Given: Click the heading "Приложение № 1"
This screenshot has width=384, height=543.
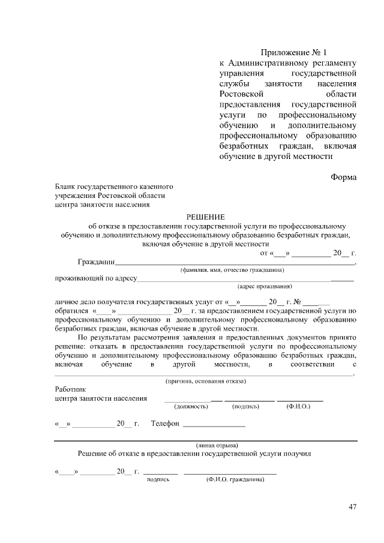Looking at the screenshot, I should [x=296, y=52].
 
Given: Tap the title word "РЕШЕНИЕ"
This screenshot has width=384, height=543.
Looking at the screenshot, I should [x=205, y=217].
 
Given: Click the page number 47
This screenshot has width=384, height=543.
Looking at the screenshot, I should [x=352, y=507].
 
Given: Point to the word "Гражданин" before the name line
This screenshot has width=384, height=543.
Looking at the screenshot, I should [x=96, y=262].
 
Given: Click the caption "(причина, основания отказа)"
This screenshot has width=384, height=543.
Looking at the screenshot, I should [x=205, y=381].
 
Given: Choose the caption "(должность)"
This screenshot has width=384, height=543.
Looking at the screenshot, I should [x=191, y=407].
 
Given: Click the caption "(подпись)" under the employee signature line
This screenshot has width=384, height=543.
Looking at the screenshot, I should [x=245, y=407].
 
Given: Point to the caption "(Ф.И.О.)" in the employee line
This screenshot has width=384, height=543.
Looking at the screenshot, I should [x=298, y=407].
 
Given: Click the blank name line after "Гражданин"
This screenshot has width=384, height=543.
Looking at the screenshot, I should [x=234, y=263].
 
